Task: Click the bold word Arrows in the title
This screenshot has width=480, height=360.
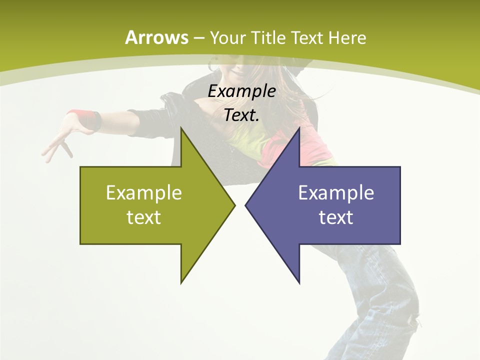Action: [156, 37]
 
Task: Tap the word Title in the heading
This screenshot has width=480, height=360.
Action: [269, 37]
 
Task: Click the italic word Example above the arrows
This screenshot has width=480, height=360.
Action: [241, 91]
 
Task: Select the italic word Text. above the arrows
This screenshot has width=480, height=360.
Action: [241, 115]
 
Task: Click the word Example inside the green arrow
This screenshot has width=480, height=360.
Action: [144, 193]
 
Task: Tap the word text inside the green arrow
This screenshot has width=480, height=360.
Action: [144, 217]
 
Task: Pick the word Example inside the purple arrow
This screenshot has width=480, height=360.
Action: [336, 193]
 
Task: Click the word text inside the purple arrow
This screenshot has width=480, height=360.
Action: [336, 217]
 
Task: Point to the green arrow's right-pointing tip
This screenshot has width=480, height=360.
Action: [233, 205]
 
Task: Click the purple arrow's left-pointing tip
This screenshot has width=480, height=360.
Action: [246, 205]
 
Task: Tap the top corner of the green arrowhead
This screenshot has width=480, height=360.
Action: [181, 129]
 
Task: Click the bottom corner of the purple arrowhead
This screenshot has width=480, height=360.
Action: [299, 282]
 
